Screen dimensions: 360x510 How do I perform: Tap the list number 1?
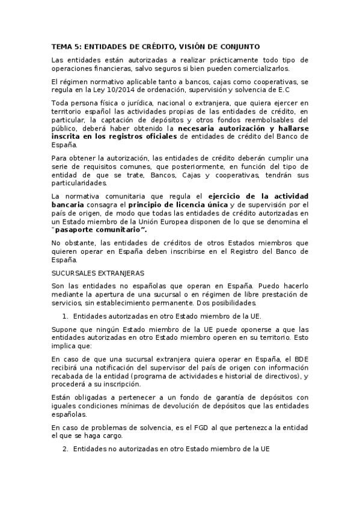tap(64, 316)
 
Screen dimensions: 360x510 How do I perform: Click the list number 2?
tap(64, 448)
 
